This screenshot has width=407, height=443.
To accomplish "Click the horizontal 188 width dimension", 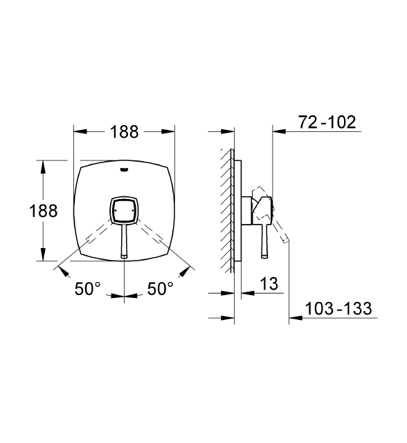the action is coord(125,132).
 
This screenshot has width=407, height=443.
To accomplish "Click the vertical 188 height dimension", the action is coord(44,211).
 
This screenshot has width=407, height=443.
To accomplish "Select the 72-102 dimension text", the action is coord(327,122).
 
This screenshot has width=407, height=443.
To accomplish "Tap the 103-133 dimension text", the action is coord(338,308).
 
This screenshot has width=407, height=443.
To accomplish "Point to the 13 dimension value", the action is coord(269,283).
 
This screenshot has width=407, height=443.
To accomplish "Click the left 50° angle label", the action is coord(87,289).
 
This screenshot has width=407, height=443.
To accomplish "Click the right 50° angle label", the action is coord(160,289).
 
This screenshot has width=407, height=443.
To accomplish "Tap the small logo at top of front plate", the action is coord(125,169).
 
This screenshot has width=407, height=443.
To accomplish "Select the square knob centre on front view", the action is coord(125,211).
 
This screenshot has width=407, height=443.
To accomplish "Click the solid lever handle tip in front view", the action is coord(125,256).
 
